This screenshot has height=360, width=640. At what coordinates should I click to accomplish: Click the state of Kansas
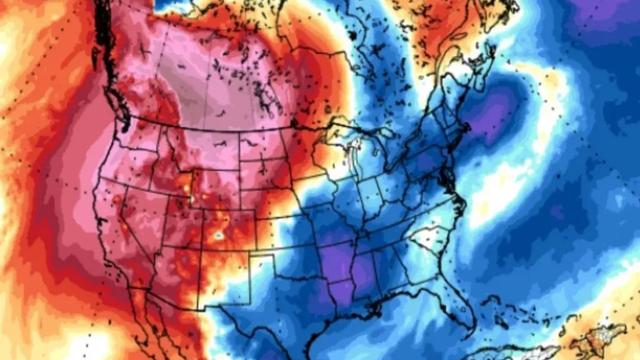point(285,225)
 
